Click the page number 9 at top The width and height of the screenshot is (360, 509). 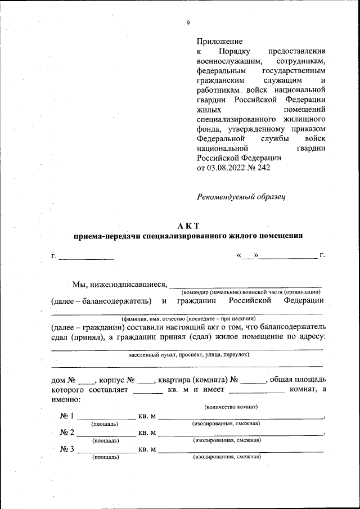188,23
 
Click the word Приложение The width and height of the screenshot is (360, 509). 219,41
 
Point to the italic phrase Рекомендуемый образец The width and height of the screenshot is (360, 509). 241,197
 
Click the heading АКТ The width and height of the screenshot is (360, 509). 188,226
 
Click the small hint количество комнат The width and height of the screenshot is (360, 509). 228,407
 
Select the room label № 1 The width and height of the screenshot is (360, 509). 67,416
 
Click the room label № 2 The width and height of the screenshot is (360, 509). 67,433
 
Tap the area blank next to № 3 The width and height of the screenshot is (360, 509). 105,450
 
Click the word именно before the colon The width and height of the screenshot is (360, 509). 65,399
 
